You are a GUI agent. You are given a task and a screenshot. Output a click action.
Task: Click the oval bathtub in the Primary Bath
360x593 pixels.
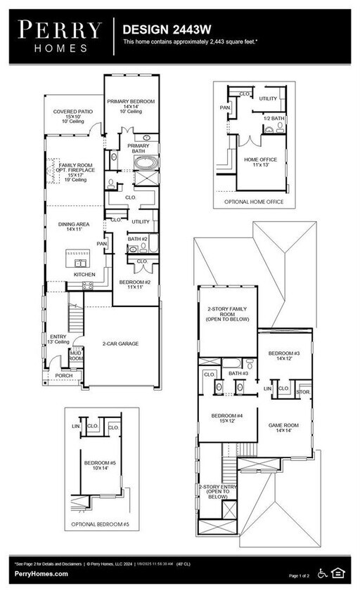point(146,163)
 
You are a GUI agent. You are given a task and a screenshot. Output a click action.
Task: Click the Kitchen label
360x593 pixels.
point(85,274)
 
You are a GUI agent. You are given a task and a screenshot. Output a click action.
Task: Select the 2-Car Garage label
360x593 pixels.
point(119,344)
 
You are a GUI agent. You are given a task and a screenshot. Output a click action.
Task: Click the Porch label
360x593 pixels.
point(64,376)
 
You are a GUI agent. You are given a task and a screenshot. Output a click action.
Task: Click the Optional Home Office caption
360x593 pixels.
point(252,201)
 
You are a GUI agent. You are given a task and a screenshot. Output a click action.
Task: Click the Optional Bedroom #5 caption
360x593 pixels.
point(100,525)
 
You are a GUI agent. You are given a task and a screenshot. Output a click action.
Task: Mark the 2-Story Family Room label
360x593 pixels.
point(226,314)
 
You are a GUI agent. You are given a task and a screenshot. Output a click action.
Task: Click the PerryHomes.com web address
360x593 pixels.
point(41,575)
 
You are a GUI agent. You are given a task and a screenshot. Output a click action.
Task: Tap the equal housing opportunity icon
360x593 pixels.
point(339,573)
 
